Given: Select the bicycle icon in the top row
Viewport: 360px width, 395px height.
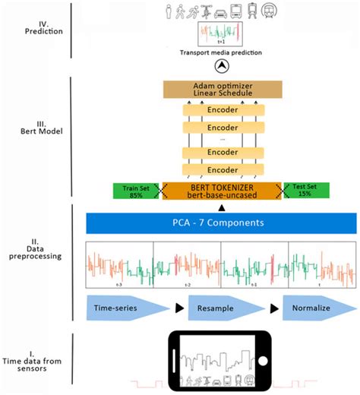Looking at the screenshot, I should coord(206,11).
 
